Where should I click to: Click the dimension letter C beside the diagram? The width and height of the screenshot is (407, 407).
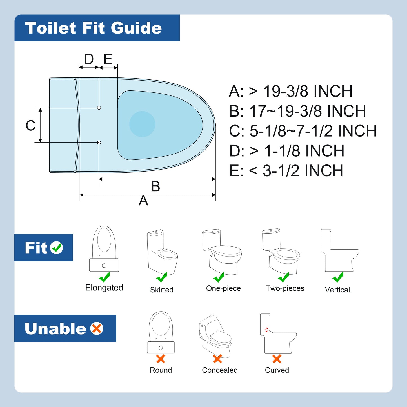coord(30,125)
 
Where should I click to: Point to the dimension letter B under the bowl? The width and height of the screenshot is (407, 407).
coord(155,186)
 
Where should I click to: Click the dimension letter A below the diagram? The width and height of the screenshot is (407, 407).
coord(143,200)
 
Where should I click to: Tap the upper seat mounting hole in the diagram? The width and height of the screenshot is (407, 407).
coord(99,108)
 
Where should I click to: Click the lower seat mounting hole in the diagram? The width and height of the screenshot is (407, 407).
coord(99,143)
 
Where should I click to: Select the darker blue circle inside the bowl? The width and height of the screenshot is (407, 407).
coord(142,124)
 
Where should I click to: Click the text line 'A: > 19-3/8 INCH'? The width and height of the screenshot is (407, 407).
coord(291,91)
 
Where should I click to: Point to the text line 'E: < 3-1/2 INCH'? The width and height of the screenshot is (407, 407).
coord(286,170)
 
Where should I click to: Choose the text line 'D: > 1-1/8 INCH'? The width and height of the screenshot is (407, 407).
coord(287,151)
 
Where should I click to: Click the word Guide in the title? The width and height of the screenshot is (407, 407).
coord(136,28)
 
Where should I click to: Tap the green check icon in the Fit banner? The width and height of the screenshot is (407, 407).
coord(57,248)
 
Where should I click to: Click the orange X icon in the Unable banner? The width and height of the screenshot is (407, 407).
coord(97,328)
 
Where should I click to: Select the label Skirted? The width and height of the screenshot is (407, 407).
coord(162,290)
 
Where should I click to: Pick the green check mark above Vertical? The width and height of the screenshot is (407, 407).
coord(338,277)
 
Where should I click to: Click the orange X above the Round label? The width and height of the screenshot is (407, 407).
coord(161,359)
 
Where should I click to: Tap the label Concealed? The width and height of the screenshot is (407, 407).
coord(220,370)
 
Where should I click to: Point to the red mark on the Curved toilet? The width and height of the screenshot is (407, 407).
coord(266,329)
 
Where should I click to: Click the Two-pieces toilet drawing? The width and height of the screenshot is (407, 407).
coord(281,251)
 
